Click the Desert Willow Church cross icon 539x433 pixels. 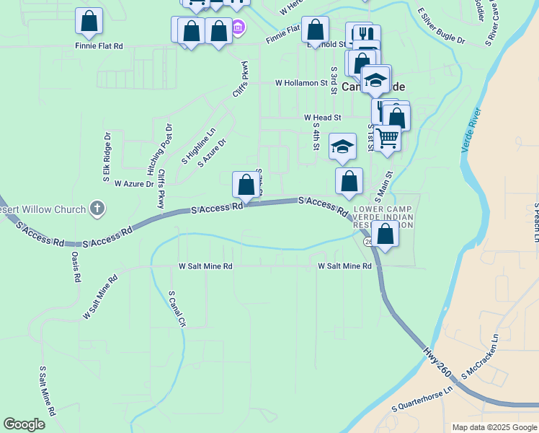97,209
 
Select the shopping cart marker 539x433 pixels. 388,137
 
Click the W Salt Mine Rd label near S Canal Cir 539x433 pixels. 206,266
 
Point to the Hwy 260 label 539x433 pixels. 437,362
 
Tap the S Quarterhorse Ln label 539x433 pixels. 422,398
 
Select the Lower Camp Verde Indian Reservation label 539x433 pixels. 385,216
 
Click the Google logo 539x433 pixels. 24,424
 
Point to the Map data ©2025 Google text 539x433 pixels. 494,427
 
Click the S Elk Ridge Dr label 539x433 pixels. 107,156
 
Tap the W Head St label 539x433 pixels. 322,117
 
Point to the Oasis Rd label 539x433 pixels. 74,267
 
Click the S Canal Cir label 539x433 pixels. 177,310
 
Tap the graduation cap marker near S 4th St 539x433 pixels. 342,146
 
